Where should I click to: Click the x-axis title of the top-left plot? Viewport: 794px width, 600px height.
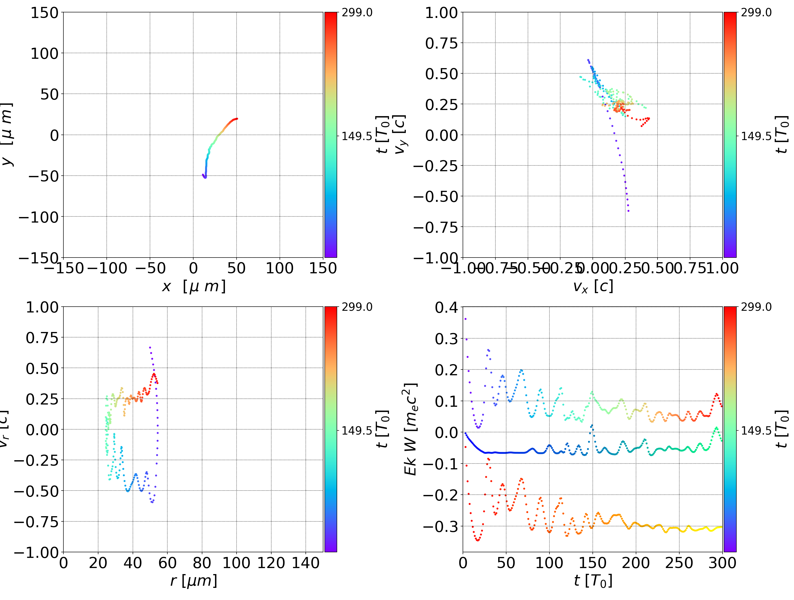(194, 286)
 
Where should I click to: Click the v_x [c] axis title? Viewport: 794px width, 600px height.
(593, 286)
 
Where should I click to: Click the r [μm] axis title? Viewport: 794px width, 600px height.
(194, 581)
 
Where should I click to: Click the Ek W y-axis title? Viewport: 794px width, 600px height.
(410, 429)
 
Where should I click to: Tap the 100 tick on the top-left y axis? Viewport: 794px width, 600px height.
(44, 53)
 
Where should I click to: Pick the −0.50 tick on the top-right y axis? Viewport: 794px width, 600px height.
(436, 196)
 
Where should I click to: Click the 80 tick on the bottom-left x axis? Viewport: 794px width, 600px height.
(202, 563)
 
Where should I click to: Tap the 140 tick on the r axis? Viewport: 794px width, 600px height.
(305, 563)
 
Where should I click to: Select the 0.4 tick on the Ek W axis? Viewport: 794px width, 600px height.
(447, 307)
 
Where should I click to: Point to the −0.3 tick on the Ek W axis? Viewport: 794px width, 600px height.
(441, 526)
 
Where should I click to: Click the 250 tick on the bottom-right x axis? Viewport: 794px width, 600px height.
(679, 563)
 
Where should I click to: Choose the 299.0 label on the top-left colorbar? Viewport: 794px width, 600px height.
(357, 13)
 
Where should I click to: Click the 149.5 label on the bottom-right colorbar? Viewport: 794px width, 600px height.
(756, 430)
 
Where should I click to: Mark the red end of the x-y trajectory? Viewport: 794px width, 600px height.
(237, 119)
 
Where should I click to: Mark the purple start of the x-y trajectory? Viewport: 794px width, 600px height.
(203, 175)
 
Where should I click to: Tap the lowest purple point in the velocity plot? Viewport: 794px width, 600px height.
(628, 211)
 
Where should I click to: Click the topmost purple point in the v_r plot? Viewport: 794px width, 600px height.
(150, 347)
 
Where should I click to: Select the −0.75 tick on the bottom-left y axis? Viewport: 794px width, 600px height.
(36, 521)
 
